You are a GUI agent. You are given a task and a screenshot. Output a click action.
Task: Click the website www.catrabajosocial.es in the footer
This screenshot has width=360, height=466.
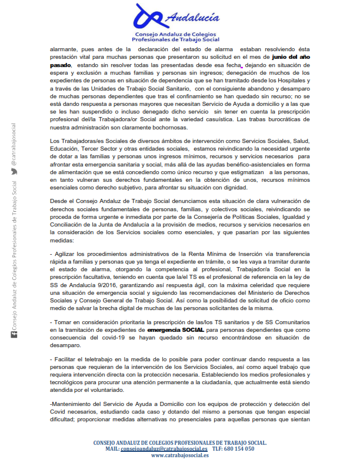[x=179, y=455]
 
